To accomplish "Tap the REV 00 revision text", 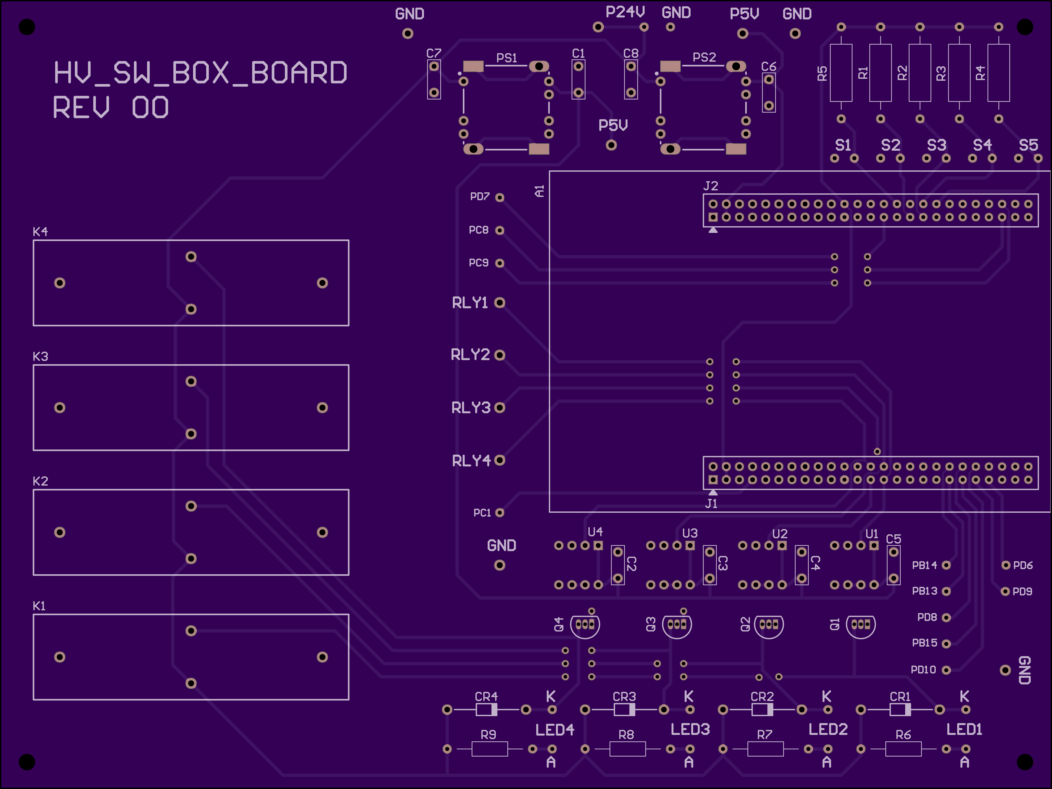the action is [111, 107].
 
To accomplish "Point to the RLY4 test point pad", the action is [499, 460].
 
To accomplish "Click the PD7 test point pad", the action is [499, 197].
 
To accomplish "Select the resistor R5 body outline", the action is [841, 73].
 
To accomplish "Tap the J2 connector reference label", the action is [711, 186].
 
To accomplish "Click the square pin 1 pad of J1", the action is [713, 480].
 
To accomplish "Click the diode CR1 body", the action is [900, 710].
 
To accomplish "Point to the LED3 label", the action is [690, 729].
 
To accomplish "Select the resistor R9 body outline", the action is [489, 749].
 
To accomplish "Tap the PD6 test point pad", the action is [1005, 565].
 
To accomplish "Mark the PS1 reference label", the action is [507, 58].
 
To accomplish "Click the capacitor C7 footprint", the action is [434, 79].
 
